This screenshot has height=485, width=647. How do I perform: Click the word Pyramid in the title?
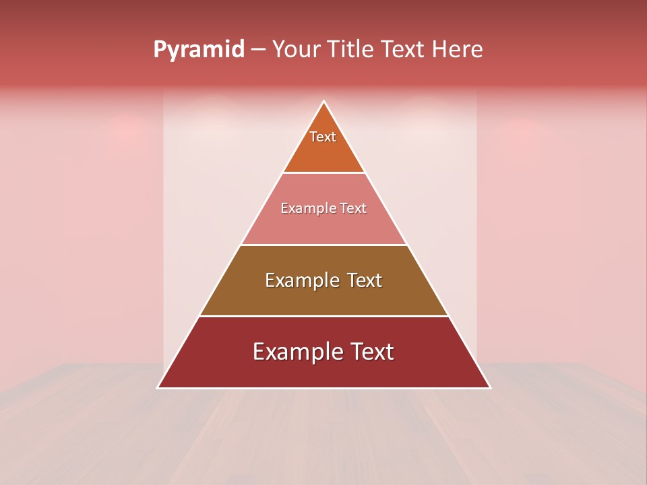point(199,50)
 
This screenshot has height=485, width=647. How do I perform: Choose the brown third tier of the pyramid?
point(323,296)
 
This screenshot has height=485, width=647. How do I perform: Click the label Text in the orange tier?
point(323,137)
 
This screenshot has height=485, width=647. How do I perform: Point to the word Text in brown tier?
point(364,280)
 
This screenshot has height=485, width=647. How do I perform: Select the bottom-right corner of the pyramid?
point(489,387)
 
